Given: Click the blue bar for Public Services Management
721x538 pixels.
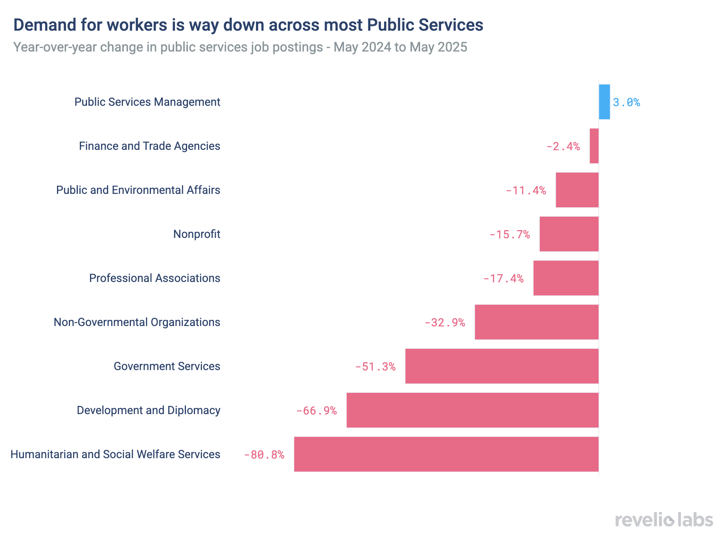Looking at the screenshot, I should [604, 102].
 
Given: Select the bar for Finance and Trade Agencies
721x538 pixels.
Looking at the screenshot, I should [594, 146].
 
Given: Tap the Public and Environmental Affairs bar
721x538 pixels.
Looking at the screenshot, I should [577, 190].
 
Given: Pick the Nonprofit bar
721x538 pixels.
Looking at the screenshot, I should [569, 234].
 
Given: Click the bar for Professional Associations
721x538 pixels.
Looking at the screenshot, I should [566, 278].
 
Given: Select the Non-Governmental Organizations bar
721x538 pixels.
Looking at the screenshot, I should [537, 322].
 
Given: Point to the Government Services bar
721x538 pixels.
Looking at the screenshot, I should [502, 366].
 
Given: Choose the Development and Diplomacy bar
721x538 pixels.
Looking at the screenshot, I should [472, 410].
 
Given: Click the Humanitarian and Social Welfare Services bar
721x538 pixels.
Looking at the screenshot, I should [446, 454].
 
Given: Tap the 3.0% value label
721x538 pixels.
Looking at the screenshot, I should [626, 103].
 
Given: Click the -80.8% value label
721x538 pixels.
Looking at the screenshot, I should [264, 455].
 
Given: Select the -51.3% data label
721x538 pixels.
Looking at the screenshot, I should [375, 367].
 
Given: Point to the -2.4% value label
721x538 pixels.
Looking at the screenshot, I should [563, 147].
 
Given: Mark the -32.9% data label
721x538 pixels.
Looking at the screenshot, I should [445, 323].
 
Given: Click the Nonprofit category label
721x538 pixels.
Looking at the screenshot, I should [197, 234].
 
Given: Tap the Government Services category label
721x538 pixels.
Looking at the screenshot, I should [167, 367].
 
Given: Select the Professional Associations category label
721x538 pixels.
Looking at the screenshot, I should [154, 278].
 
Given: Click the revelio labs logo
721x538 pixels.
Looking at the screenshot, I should [664, 520].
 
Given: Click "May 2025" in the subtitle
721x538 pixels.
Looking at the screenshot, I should [438, 47].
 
